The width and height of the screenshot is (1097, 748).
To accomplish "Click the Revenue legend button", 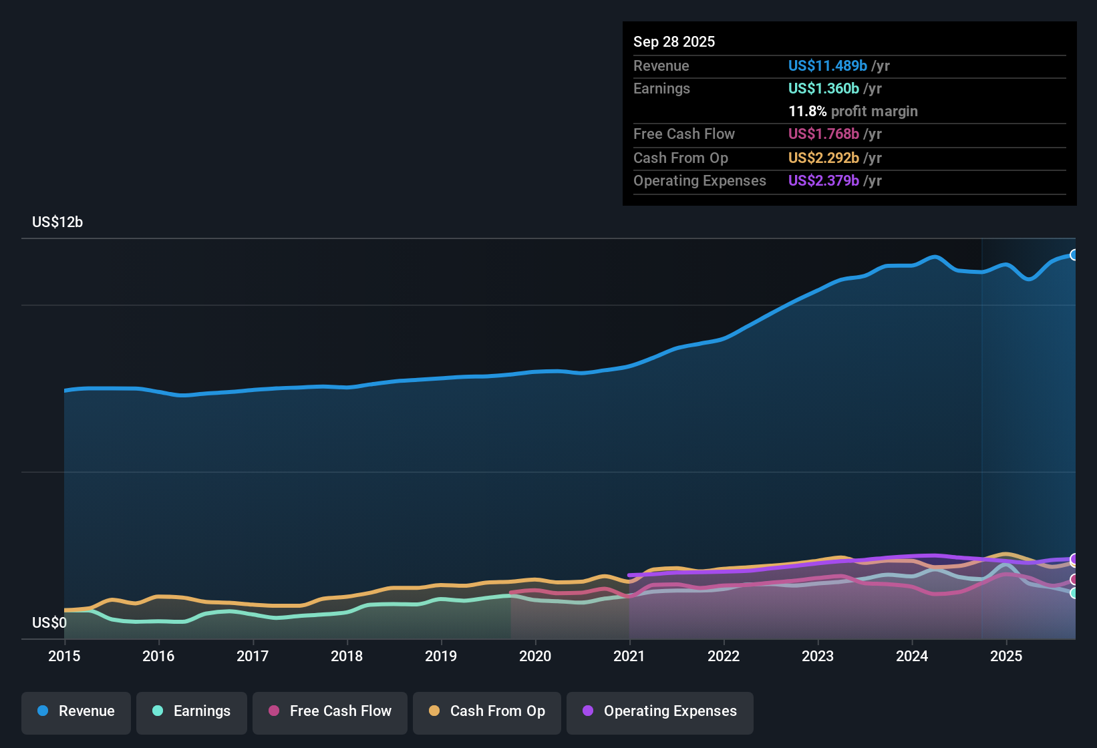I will pyautogui.click(x=76, y=711).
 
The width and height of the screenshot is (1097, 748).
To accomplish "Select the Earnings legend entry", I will pyautogui.click(x=192, y=711).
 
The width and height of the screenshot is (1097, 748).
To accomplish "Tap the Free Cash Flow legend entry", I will pyautogui.click(x=330, y=711).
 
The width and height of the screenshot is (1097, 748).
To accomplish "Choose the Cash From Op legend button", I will pyautogui.click(x=487, y=711).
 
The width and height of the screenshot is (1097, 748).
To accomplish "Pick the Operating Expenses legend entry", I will pyautogui.click(x=660, y=711).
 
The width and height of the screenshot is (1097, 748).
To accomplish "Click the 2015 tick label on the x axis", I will pyautogui.click(x=64, y=657).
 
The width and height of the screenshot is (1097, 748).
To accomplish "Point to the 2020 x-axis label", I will pyautogui.click(x=535, y=657).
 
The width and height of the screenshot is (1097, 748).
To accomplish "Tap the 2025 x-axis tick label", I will pyautogui.click(x=1006, y=657).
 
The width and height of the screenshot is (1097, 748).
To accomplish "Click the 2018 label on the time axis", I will pyautogui.click(x=347, y=657).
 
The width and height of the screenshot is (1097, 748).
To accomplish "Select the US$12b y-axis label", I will pyautogui.click(x=57, y=222).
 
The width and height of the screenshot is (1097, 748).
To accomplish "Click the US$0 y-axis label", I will pyautogui.click(x=49, y=623).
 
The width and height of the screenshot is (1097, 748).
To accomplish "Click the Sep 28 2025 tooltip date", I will pyautogui.click(x=674, y=42).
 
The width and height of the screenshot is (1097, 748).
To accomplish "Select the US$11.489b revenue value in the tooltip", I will pyautogui.click(x=827, y=66).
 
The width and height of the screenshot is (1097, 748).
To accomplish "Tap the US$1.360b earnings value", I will pyautogui.click(x=823, y=89).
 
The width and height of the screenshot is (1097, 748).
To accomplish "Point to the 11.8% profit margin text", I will pyautogui.click(x=852, y=112).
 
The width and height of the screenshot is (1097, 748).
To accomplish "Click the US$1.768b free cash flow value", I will pyautogui.click(x=823, y=134).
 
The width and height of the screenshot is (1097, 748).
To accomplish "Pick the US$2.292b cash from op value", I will pyautogui.click(x=823, y=158).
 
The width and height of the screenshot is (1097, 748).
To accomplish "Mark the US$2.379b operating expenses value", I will pyautogui.click(x=823, y=181).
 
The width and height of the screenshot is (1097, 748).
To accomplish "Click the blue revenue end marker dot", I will pyautogui.click(x=1074, y=255).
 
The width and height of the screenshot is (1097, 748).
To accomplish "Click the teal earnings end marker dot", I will pyautogui.click(x=1074, y=593).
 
